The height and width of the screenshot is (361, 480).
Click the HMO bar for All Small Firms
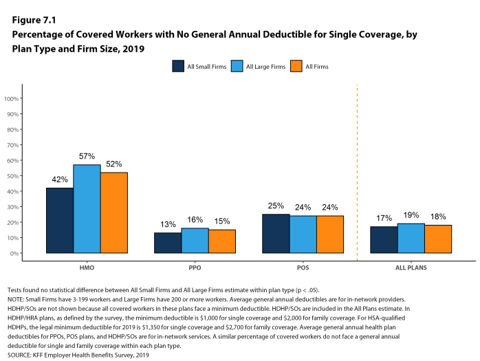click(x=60, y=220)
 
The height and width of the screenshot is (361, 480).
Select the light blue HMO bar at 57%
click(x=87, y=209)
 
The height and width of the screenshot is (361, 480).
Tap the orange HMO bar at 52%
click(x=114, y=212)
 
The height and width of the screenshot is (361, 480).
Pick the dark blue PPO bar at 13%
click(x=168, y=243)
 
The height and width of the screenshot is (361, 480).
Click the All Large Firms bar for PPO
click(x=195, y=241)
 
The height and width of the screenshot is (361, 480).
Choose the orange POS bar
click(x=330, y=234)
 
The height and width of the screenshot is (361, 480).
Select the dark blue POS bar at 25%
click(x=276, y=234)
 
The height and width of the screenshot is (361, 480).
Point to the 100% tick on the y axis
click(x=12, y=98)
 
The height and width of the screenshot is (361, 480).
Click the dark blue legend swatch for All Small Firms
click(x=177, y=66)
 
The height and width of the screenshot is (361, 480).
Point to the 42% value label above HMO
click(x=60, y=179)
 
